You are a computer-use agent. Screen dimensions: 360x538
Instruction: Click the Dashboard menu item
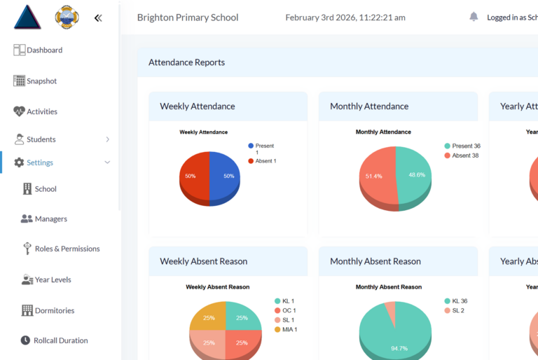click(x=44, y=50)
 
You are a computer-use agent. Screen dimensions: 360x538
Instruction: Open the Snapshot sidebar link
click(x=41, y=81)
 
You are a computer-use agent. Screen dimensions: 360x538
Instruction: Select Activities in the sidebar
click(x=41, y=112)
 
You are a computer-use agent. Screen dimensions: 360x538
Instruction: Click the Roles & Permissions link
click(x=67, y=249)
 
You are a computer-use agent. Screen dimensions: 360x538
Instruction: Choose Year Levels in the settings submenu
click(x=53, y=280)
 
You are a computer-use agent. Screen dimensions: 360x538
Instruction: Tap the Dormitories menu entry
click(x=54, y=310)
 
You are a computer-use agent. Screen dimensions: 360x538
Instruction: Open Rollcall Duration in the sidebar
click(x=60, y=340)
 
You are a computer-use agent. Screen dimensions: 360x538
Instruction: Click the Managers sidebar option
click(x=50, y=219)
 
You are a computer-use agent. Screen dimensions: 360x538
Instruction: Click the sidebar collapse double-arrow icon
click(x=98, y=18)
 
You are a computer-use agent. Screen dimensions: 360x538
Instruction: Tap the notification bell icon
click(x=474, y=17)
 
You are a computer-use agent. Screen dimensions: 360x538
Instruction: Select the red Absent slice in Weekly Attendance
click(x=194, y=176)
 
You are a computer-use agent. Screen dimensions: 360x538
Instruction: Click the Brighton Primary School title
click(x=188, y=18)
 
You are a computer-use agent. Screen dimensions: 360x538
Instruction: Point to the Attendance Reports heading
click(x=187, y=62)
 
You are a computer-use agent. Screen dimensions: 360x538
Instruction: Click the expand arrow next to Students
click(x=107, y=139)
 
